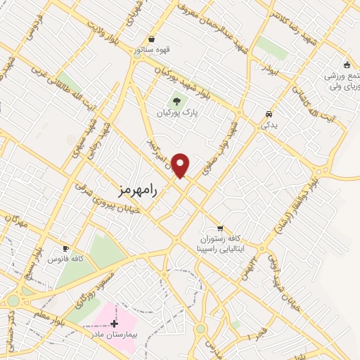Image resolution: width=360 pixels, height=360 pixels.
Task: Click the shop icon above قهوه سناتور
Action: click(x=151, y=39)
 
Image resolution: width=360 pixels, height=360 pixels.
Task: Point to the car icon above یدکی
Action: click(x=269, y=114)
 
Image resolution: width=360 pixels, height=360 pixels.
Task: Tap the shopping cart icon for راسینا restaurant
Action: click(x=220, y=228)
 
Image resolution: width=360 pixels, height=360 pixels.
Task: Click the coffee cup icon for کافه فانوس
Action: click(x=66, y=249)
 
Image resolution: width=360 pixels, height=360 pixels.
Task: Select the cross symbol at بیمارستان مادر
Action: click(x=115, y=323)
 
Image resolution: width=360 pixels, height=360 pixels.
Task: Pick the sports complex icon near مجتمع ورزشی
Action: click(x=346, y=65)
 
